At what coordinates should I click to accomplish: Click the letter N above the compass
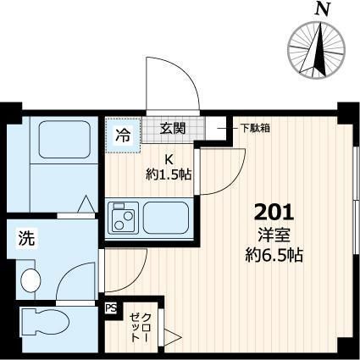tap(320, 9)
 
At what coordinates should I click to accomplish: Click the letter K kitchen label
tap(169, 160)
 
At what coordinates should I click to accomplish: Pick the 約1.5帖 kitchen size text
tap(168, 175)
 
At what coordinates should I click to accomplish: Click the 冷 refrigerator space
tap(124, 135)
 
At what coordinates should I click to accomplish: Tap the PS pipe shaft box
tap(111, 311)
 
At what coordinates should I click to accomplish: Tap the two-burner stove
tap(123, 220)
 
